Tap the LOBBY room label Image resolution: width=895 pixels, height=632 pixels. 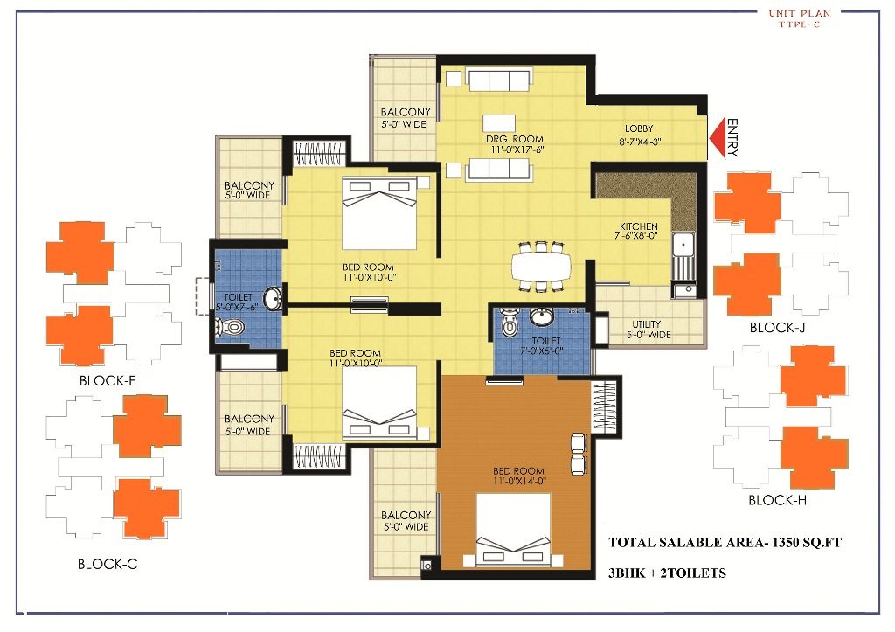pos(639,128)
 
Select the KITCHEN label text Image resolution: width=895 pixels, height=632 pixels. pos(638,227)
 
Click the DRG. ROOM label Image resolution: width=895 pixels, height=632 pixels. pos(515,139)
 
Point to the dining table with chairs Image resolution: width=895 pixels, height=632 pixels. pos(540,265)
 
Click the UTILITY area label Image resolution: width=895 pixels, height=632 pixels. pos(646,325)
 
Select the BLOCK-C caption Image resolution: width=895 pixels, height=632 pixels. pos(108,564)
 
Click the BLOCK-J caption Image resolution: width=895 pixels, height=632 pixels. pos(778,328)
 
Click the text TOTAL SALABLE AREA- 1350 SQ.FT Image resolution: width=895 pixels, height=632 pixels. pos(725,543)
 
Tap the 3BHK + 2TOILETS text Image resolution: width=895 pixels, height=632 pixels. pos(667,573)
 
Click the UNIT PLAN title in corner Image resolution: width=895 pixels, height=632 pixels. pos(799,13)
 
